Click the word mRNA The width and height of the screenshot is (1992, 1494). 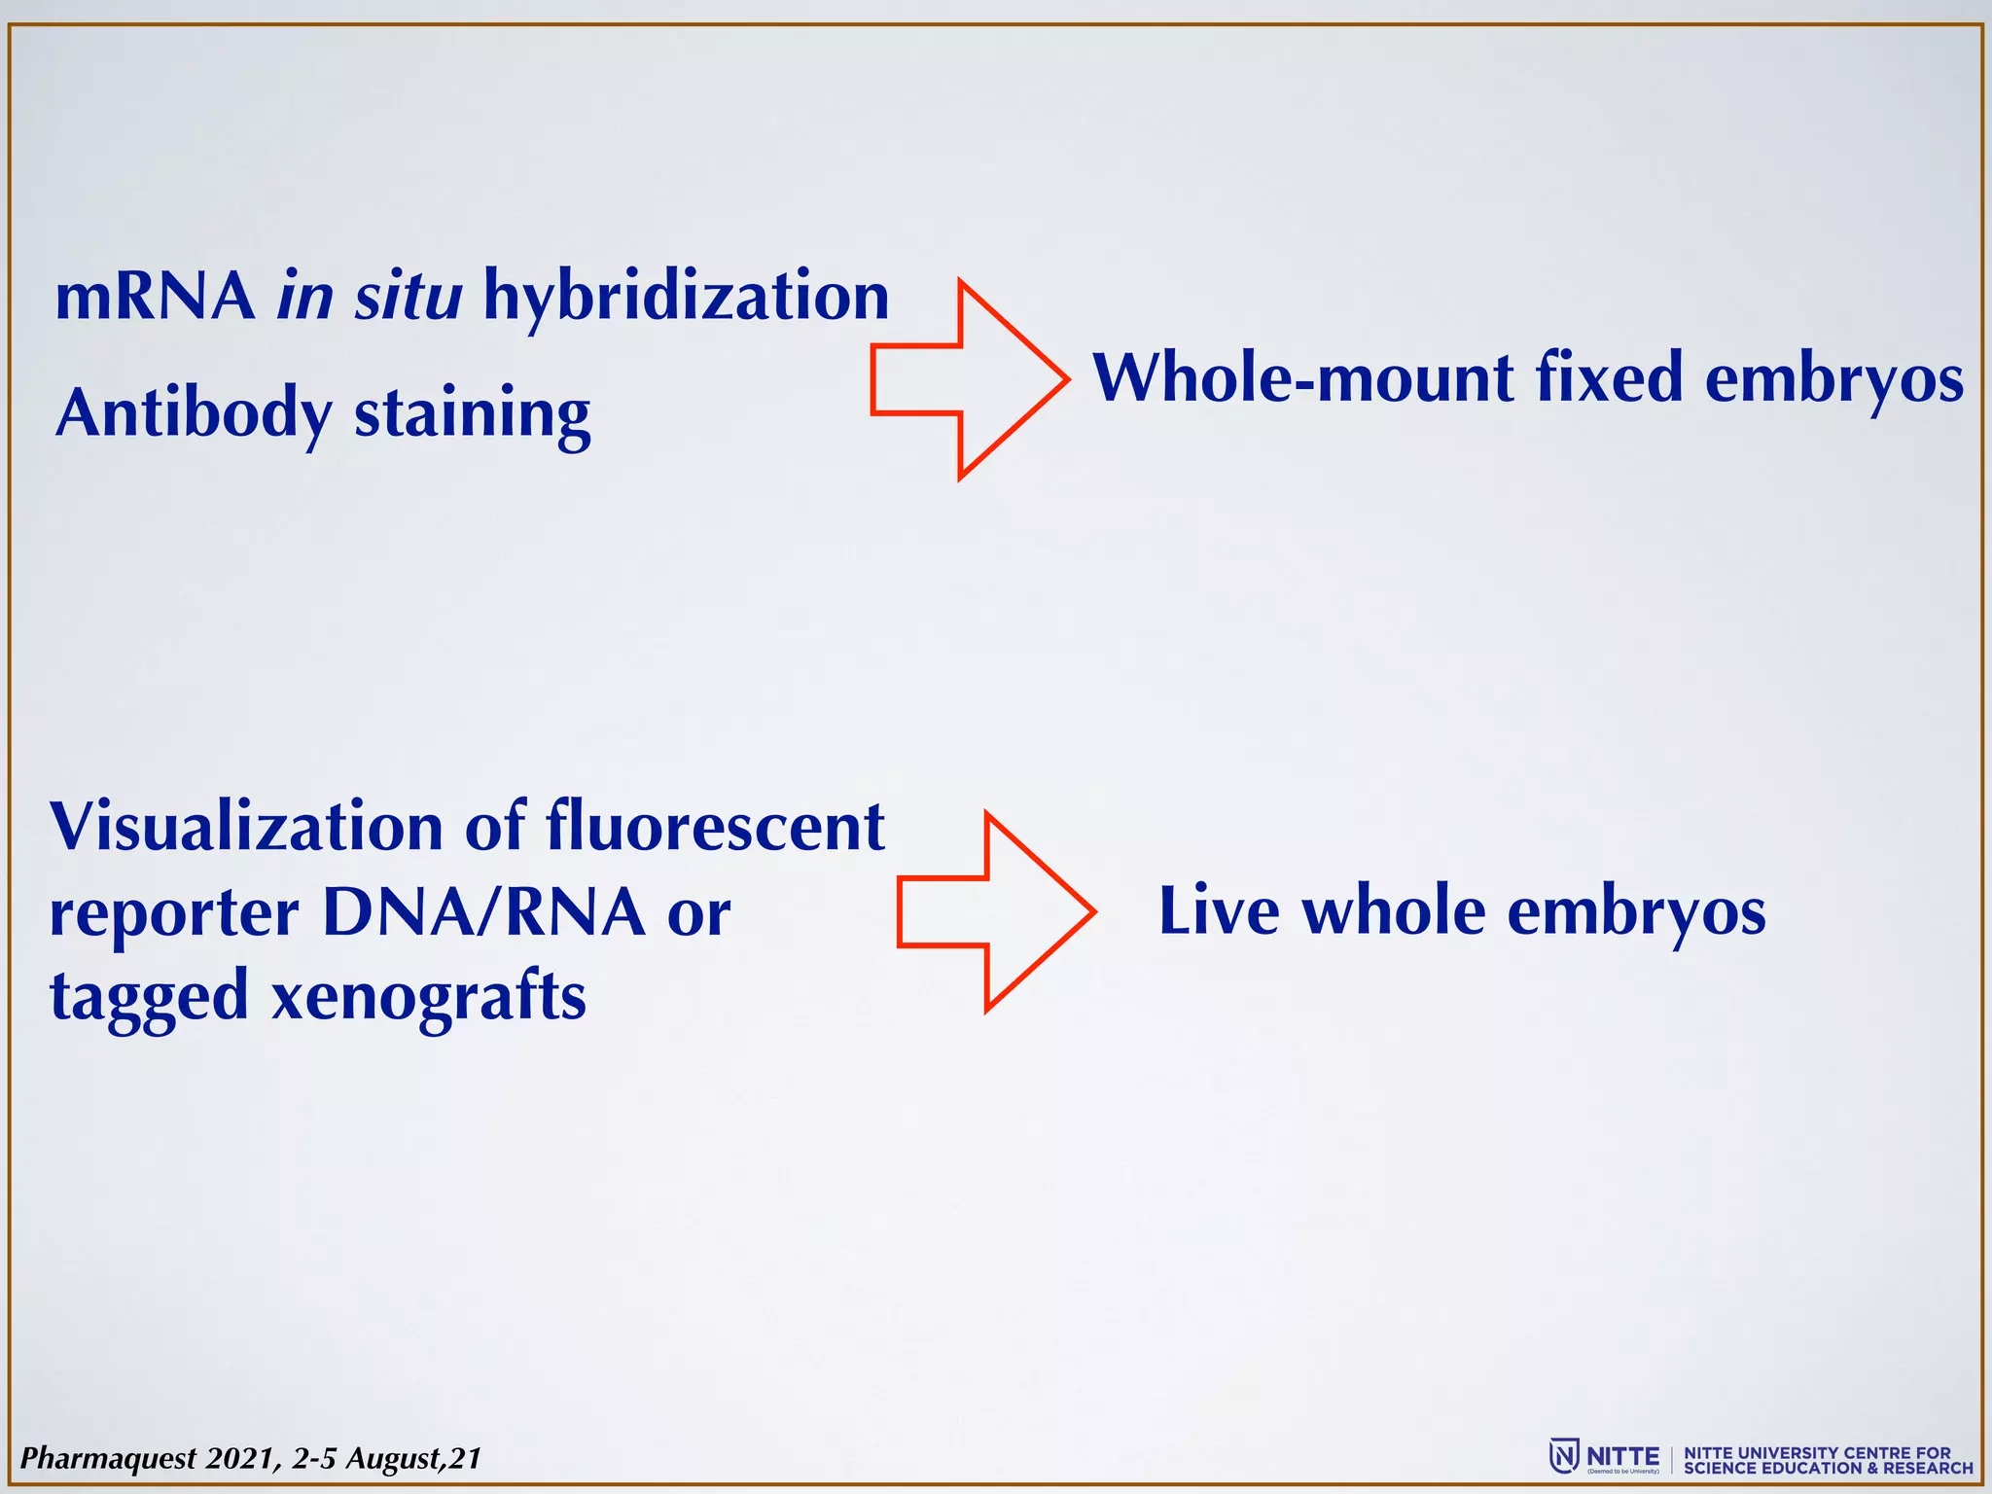155,297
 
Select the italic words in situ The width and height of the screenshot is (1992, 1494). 370,297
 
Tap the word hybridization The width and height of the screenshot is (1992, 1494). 686,297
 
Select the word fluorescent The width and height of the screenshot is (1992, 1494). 714,827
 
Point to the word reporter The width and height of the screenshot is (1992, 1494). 174,915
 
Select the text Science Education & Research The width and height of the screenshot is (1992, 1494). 1828,1468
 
